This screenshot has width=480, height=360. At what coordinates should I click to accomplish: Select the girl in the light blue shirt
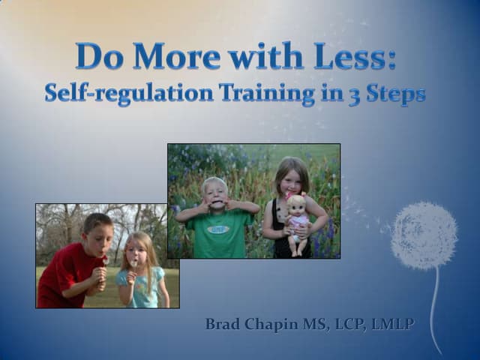click(x=138, y=274)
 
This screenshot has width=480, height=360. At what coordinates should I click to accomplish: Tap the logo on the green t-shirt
click(x=218, y=229)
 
